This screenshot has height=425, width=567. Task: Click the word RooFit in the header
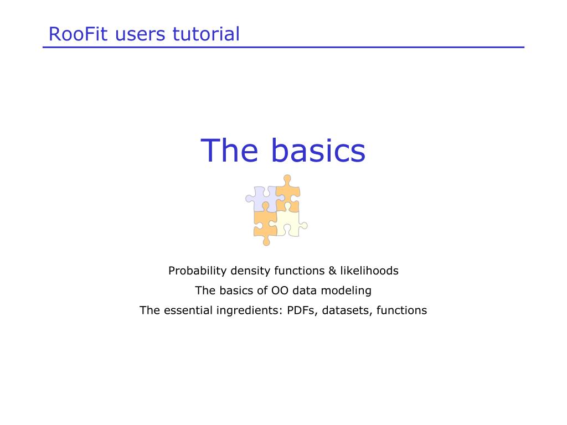[x=78, y=34]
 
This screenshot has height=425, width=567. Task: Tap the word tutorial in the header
[x=206, y=34]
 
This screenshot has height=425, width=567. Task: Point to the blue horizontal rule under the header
[x=283, y=47]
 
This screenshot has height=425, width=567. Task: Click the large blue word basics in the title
[x=318, y=151]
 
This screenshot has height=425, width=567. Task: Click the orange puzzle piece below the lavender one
[x=266, y=224]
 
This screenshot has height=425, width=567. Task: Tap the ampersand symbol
[x=332, y=271]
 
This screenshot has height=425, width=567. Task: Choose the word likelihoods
[x=369, y=271]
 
